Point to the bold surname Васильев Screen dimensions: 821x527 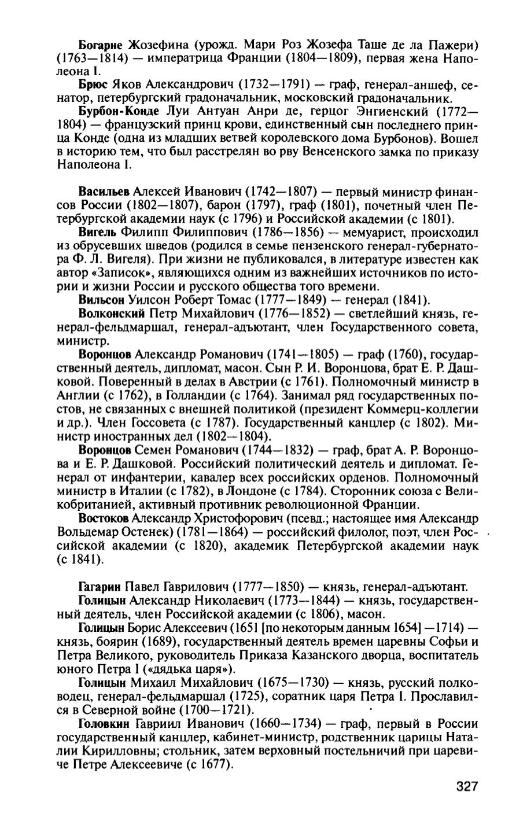105,192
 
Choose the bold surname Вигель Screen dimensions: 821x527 98,232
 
